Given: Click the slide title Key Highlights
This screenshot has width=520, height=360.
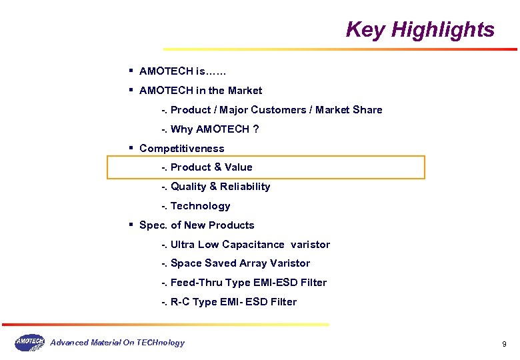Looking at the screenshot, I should pos(420,30).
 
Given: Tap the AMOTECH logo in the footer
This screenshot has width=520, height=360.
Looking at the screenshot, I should pos(29,343).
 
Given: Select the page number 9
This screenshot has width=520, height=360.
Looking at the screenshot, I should pos(504,344).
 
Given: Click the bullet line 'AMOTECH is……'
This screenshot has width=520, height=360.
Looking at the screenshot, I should pos(183,71).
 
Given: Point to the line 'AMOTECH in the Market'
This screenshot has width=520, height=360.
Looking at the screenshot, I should pos(201,91).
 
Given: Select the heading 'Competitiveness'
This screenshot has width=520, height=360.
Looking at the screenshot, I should pos(181,149).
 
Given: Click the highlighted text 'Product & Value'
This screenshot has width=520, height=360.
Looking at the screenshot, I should pos(211,167).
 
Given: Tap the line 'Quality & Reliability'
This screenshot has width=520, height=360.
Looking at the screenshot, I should pos(220,187).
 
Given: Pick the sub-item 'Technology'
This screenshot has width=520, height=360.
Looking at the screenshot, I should pos(200,206).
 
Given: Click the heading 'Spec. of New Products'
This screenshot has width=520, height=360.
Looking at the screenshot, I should pos(197,225).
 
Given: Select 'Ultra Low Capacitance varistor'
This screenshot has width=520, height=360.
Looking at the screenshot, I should pos(250,245).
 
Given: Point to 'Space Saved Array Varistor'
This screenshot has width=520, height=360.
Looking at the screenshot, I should pos(240,263).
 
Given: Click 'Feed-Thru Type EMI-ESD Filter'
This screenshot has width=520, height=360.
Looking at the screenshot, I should pos(249,283).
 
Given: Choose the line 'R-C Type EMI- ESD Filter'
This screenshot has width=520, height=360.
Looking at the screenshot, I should pos(233,302).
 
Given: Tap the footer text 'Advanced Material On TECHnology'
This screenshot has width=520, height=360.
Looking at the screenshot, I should pos(117,343).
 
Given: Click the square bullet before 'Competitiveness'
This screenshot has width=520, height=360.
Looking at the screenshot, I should pos(132,147).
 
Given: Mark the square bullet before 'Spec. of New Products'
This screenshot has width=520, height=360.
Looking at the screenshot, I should pos(132,224).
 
